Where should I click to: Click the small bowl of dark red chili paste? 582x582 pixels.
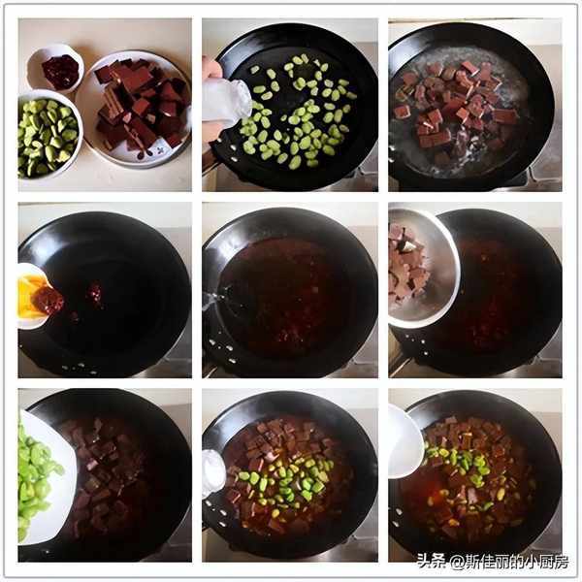(55, 69)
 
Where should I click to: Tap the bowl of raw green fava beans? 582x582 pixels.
(49, 135)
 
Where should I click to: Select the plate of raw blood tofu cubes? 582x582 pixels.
(135, 109)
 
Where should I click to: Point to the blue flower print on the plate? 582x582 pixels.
(160, 150)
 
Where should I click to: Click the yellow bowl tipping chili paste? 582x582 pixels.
(33, 295)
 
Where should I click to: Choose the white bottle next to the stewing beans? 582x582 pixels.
(214, 473)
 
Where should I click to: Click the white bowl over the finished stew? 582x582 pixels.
(405, 440)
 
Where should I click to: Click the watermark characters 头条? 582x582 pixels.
(432, 561)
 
